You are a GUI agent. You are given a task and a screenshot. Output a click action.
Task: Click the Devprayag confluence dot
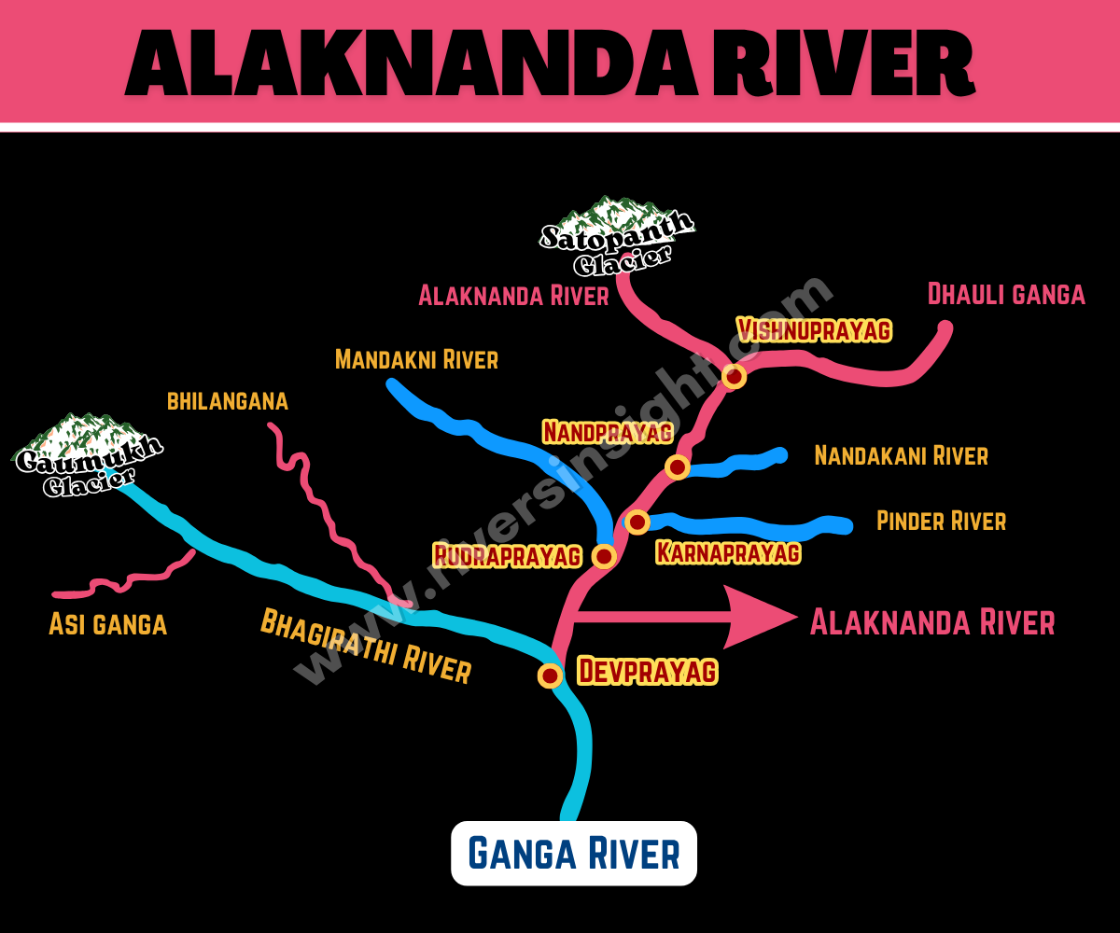(x=551, y=675)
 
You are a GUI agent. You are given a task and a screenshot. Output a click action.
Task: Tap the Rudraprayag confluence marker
(x=604, y=556)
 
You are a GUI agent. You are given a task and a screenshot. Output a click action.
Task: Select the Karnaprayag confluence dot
(x=637, y=522)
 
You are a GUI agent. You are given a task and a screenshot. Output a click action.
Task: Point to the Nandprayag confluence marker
(x=677, y=466)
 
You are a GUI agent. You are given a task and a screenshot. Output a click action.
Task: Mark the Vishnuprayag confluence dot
(x=734, y=376)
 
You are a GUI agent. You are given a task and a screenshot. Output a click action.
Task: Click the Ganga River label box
(x=574, y=854)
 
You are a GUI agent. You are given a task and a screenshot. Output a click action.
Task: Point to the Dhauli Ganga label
(x=1006, y=294)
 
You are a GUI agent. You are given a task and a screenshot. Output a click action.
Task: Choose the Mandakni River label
(x=416, y=359)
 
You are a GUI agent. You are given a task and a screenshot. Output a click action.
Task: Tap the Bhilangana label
(x=228, y=401)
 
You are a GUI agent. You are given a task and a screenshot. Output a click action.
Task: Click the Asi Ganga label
(x=108, y=624)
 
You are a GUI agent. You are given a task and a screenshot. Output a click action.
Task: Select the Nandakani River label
(x=901, y=455)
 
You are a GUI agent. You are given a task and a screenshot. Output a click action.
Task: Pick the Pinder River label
(x=941, y=521)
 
